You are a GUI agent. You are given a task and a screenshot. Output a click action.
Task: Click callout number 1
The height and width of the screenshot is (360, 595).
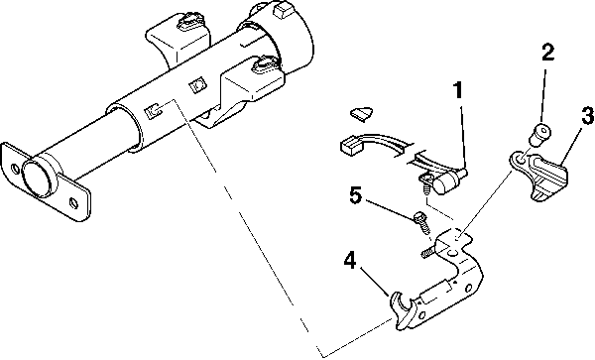tap(458, 91)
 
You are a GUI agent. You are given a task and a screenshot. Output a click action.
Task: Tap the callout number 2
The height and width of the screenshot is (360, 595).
tap(546, 53)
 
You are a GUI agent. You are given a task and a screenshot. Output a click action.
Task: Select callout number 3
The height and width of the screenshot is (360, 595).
tap(587, 116)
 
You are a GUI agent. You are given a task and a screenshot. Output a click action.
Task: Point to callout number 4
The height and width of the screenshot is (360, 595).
tap(350, 261)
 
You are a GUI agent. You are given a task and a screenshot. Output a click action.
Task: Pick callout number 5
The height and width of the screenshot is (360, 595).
tap(355, 195)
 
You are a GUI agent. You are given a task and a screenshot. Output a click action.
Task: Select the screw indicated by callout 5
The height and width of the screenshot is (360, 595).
tap(422, 222)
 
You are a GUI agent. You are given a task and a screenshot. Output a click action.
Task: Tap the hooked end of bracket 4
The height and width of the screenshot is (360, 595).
tap(402, 309)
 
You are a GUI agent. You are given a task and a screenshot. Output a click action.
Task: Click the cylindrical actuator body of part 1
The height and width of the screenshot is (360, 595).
tap(445, 181)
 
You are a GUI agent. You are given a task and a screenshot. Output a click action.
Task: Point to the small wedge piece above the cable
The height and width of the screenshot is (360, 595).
tap(362, 114)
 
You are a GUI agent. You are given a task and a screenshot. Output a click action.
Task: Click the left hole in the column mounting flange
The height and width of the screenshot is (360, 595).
tap(15, 169)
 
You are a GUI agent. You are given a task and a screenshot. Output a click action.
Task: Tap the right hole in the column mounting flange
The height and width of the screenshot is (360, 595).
tap(73, 202)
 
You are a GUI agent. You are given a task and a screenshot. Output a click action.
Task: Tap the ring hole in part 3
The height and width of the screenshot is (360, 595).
tap(521, 159)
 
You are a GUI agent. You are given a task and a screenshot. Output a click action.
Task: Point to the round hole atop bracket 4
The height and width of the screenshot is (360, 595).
tap(452, 253)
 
